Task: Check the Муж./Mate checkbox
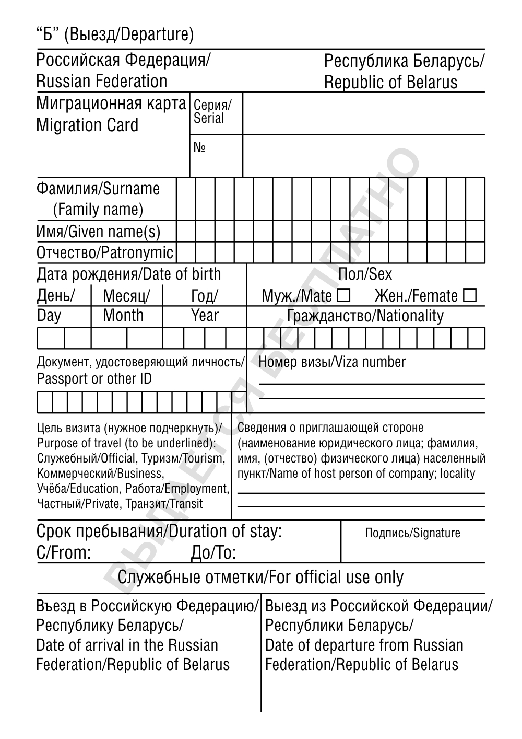click(x=343, y=296)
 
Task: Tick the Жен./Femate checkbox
click(x=470, y=296)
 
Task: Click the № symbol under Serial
click(x=199, y=148)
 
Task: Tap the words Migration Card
click(x=87, y=125)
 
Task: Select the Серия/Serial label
click(x=211, y=111)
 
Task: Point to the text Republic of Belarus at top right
click(x=390, y=82)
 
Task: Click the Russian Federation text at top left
click(x=102, y=82)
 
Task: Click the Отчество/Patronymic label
click(x=104, y=253)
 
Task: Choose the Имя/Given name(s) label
click(x=99, y=232)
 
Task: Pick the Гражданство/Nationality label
click(x=365, y=316)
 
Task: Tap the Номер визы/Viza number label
click(x=332, y=362)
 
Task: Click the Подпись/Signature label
click(x=412, y=533)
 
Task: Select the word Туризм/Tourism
click(x=181, y=458)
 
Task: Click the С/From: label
click(x=64, y=552)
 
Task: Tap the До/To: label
click(x=213, y=552)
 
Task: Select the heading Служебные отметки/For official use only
click(x=260, y=578)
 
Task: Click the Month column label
click(x=123, y=315)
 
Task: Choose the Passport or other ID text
click(x=94, y=379)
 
